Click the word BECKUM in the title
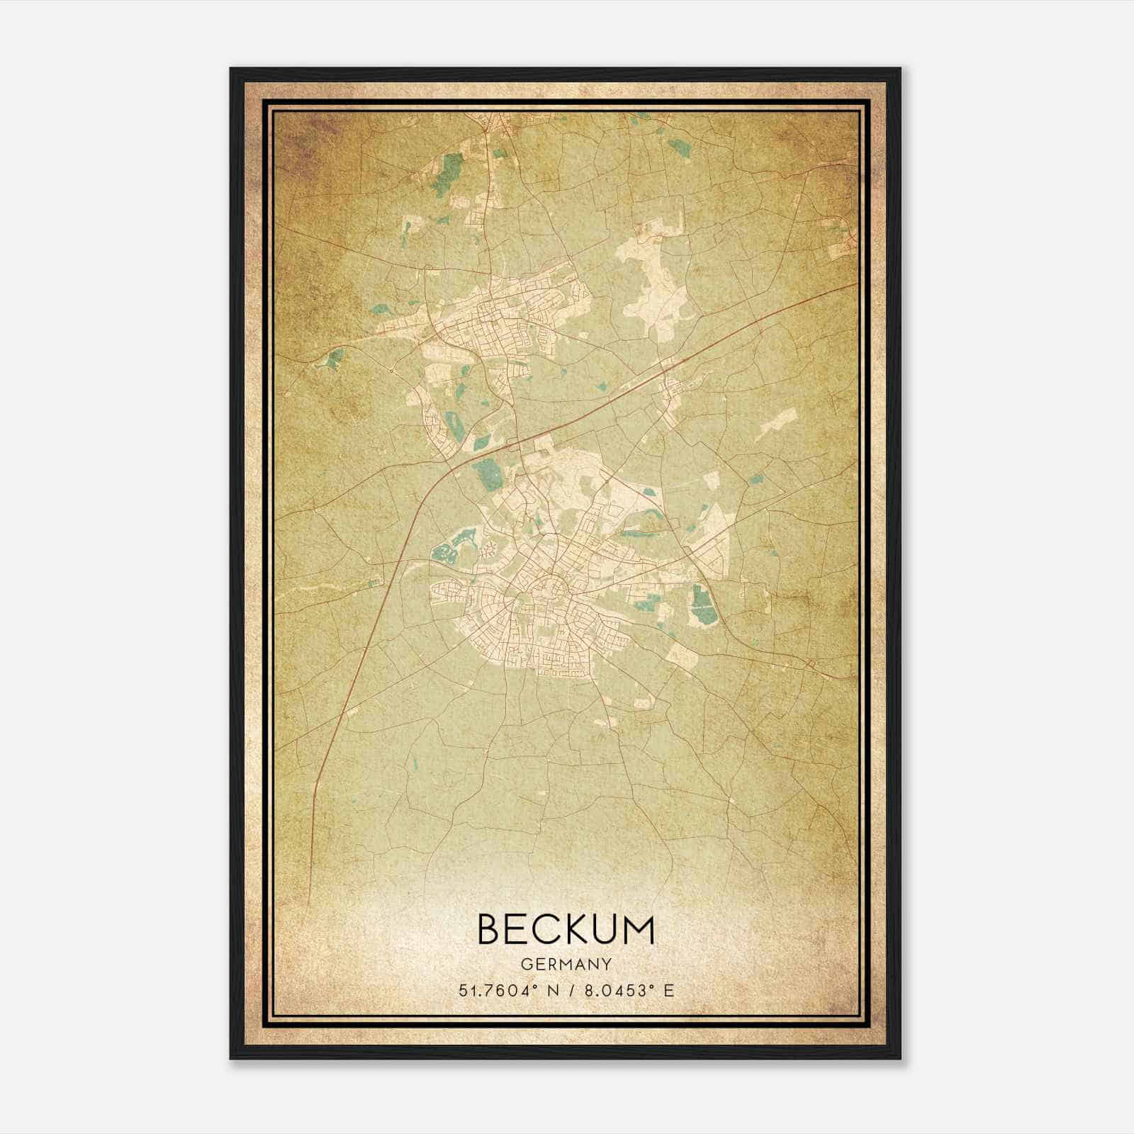(x=566, y=929)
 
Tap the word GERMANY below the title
(x=566, y=965)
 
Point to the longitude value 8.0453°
(x=614, y=990)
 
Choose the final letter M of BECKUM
(x=638, y=929)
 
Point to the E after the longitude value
(x=668, y=990)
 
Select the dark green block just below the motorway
(x=488, y=471)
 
